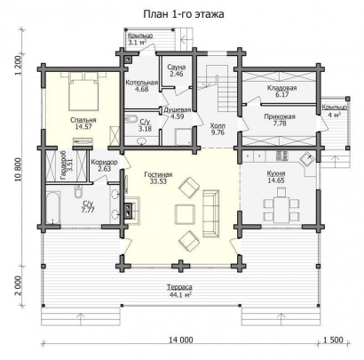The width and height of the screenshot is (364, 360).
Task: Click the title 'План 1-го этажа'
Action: click(184, 14)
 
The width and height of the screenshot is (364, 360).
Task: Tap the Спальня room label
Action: click(83, 120)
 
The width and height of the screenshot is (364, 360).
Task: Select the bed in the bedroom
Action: click(83, 91)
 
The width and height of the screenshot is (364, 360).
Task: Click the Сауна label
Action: click(177, 67)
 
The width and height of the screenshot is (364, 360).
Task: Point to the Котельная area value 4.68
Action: click(141, 89)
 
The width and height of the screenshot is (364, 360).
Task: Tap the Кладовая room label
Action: click(282, 88)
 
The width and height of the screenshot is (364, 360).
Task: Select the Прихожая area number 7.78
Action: click(280, 124)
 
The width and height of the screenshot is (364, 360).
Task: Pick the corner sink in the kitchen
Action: click(308, 160)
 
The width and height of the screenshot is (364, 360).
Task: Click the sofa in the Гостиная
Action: click(211, 213)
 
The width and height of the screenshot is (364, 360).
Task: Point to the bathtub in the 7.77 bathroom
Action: click(53, 208)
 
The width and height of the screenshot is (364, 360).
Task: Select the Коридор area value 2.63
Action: click(105, 169)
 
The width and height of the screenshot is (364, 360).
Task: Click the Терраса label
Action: click(179, 287)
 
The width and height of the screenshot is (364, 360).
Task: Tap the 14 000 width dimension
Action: click(181, 340)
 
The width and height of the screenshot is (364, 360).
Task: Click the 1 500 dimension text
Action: click(334, 340)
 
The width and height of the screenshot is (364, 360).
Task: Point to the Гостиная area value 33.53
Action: click(158, 181)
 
